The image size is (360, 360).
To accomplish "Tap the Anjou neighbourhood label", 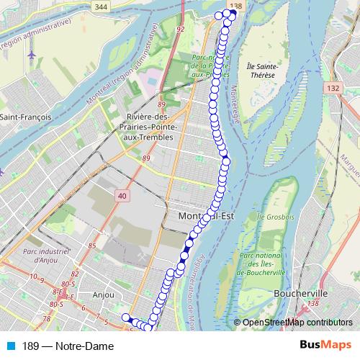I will (104, 294).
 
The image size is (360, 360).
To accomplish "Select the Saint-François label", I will (24, 117).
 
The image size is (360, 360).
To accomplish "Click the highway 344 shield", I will (101, 6).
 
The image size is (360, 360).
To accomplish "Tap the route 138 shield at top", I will (232, 5).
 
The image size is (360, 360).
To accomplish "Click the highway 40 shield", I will (121, 196).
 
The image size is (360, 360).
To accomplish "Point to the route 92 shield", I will (180, 30).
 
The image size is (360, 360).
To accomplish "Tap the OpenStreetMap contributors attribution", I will (297, 323).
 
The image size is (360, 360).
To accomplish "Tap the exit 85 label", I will (91, 247).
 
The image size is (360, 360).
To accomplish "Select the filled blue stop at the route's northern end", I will (233, 13).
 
